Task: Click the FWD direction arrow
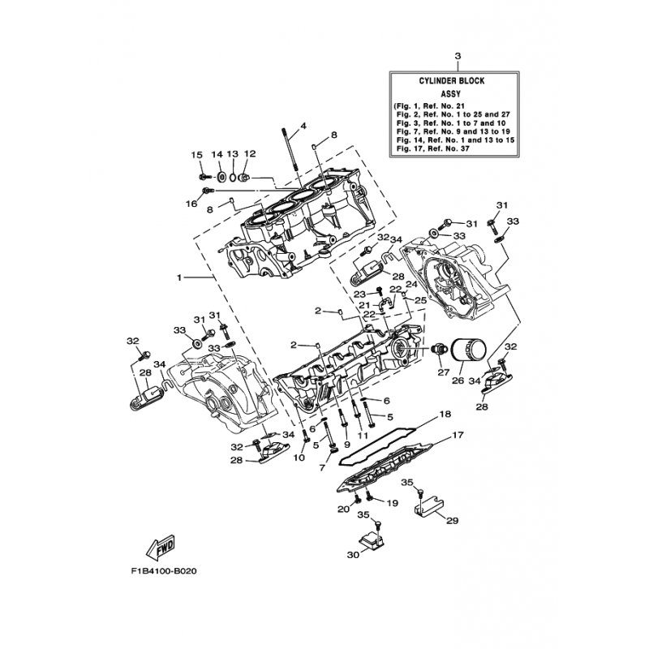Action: (x=160, y=547)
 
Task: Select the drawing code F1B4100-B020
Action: (x=164, y=572)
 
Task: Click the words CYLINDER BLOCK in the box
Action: (x=452, y=81)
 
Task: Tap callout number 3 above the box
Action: (x=458, y=56)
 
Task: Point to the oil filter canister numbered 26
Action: (x=470, y=355)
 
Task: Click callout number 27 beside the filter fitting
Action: (x=444, y=372)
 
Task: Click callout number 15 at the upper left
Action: (x=196, y=155)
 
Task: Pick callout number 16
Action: (x=191, y=204)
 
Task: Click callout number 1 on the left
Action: (x=179, y=277)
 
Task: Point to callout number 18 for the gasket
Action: (x=445, y=414)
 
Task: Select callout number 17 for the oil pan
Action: (x=458, y=435)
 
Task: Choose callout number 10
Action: (x=299, y=457)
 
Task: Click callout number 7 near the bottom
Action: (x=322, y=468)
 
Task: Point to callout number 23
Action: (x=360, y=294)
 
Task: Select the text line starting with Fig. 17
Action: (x=432, y=148)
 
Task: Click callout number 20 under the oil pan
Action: (x=344, y=509)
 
